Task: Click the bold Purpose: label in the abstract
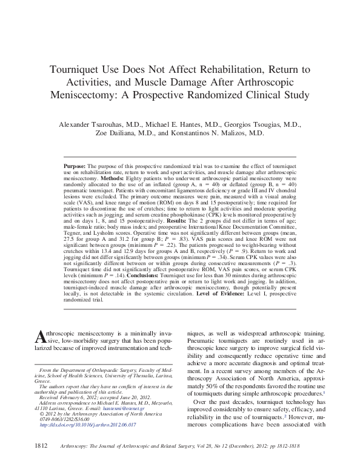(76, 165)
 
